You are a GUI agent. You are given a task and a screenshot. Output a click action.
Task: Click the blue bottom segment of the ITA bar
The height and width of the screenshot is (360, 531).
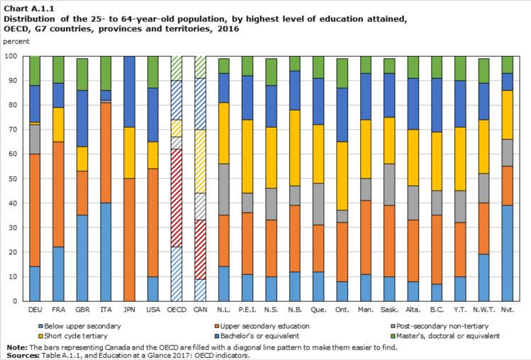tap(106, 252)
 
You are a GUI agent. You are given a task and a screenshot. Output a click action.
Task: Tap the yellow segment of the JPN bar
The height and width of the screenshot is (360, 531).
tap(129, 152)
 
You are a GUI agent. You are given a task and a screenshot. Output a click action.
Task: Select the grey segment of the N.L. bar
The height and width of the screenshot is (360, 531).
tap(224, 189)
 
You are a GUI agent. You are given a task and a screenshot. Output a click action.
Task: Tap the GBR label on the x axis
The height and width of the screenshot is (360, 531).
tap(82, 310)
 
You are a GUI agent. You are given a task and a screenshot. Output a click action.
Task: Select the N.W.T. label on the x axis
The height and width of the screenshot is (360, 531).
tap(484, 310)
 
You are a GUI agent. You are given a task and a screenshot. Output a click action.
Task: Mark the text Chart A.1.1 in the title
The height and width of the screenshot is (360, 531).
tap(24, 8)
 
